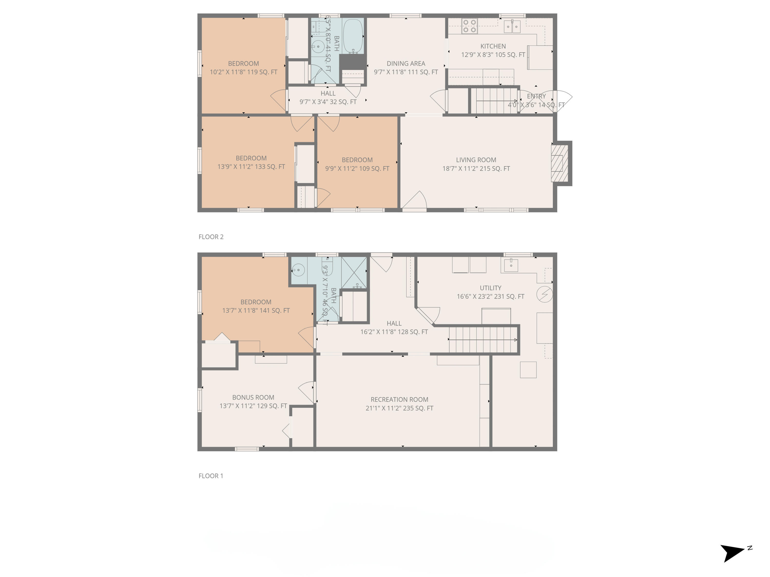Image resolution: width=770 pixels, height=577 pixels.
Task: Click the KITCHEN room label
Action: [x=493, y=46]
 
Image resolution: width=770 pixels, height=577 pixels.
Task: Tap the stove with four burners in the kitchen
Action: [x=469, y=26]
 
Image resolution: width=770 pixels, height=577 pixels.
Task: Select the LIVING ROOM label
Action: [x=476, y=160]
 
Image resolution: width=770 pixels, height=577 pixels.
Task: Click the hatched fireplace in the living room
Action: [x=559, y=163]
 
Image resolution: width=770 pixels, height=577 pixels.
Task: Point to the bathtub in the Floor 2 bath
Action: [x=353, y=36]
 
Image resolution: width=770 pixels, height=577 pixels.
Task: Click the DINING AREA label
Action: [x=406, y=64]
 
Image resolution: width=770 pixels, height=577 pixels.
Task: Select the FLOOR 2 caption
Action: [x=211, y=237]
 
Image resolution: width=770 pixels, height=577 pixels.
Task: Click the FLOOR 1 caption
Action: [x=211, y=476]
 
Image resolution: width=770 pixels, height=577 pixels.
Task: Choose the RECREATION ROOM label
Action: [x=399, y=400]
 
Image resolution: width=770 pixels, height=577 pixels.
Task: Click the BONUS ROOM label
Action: [x=253, y=397]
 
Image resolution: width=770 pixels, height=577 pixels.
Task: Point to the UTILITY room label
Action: [x=490, y=288]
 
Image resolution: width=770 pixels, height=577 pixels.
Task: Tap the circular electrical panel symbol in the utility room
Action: [x=544, y=294]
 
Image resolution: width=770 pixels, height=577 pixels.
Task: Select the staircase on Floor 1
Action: [x=483, y=340]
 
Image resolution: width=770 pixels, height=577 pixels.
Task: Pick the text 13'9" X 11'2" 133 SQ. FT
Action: [x=251, y=167]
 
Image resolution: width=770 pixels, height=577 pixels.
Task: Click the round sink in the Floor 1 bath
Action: [x=298, y=270]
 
